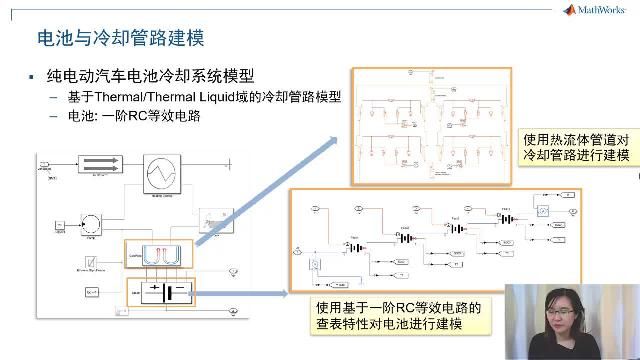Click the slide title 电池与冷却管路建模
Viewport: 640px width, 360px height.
click(120, 39)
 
